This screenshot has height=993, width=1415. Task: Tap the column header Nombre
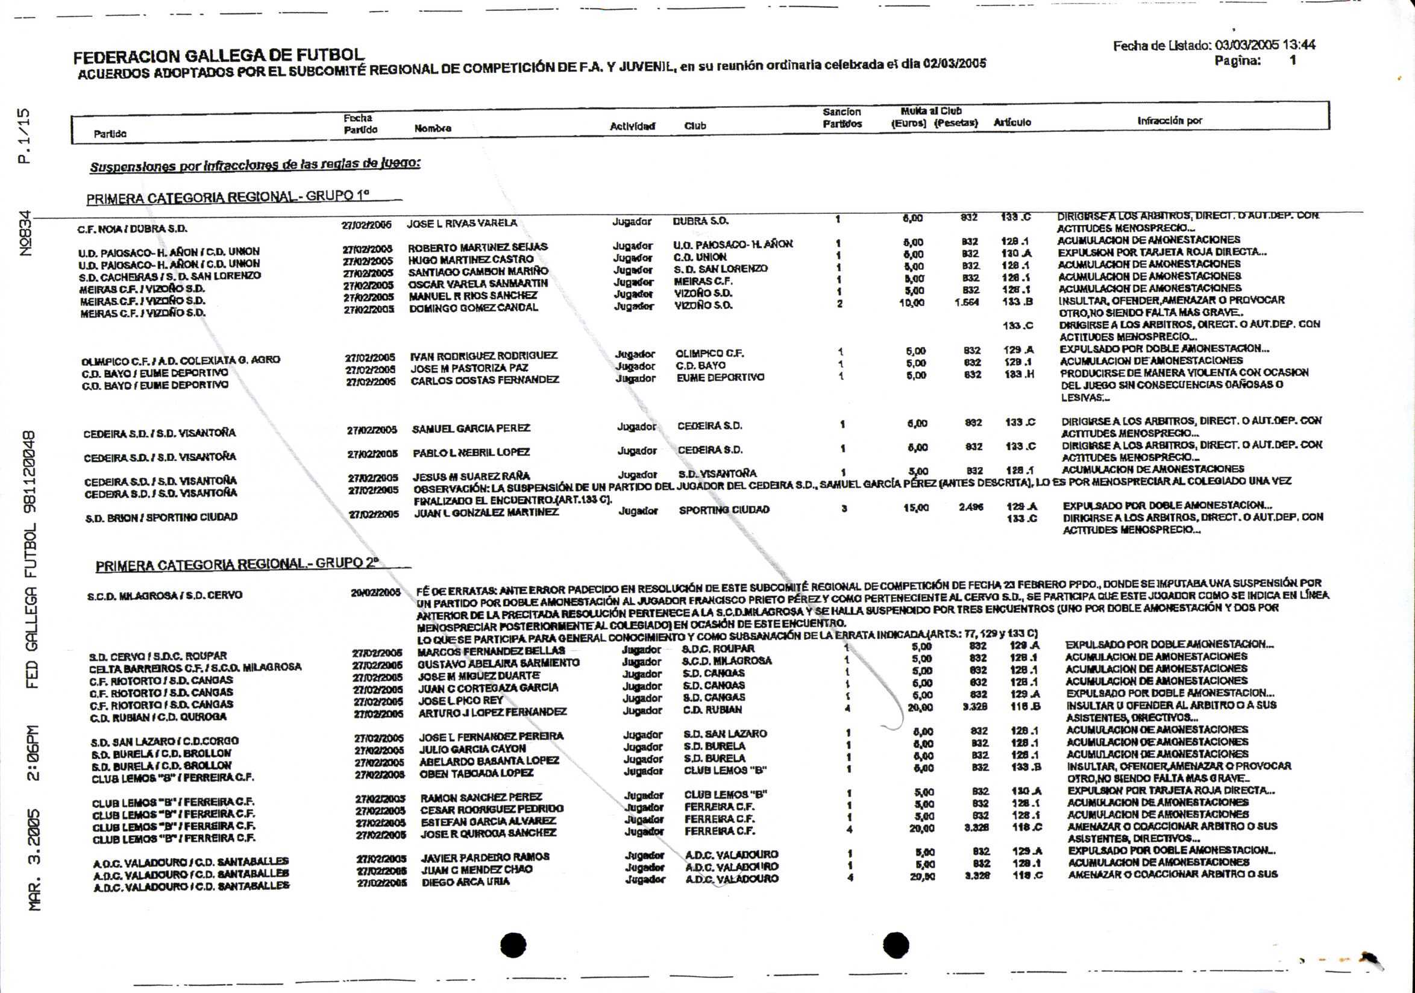coord(433,129)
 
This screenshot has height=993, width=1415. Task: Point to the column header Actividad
coord(632,127)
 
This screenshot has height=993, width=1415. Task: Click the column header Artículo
coord(1012,122)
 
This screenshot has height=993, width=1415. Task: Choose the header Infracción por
coord(1169,121)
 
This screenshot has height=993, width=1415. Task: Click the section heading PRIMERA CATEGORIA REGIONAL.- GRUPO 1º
coord(227,198)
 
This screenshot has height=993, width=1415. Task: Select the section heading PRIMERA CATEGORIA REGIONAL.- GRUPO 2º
coord(237,564)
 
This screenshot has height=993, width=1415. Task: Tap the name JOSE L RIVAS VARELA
coord(462,223)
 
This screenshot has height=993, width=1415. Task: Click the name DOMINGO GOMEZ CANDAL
coord(473,308)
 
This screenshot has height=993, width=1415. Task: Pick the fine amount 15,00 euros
coord(916,507)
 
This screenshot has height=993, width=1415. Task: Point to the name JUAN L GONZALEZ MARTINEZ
coord(486,513)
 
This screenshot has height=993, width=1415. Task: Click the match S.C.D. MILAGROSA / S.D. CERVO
coord(165,595)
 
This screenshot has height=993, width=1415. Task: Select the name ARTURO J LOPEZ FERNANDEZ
coord(492,713)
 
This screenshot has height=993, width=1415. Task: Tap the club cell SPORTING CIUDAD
coord(724,510)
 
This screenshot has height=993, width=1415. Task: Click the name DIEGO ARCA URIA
coord(465,882)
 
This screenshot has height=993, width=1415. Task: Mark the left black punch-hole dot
coord(513,945)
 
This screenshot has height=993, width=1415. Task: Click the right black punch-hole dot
coord(896,944)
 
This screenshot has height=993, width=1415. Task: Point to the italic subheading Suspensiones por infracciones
coord(255,165)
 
